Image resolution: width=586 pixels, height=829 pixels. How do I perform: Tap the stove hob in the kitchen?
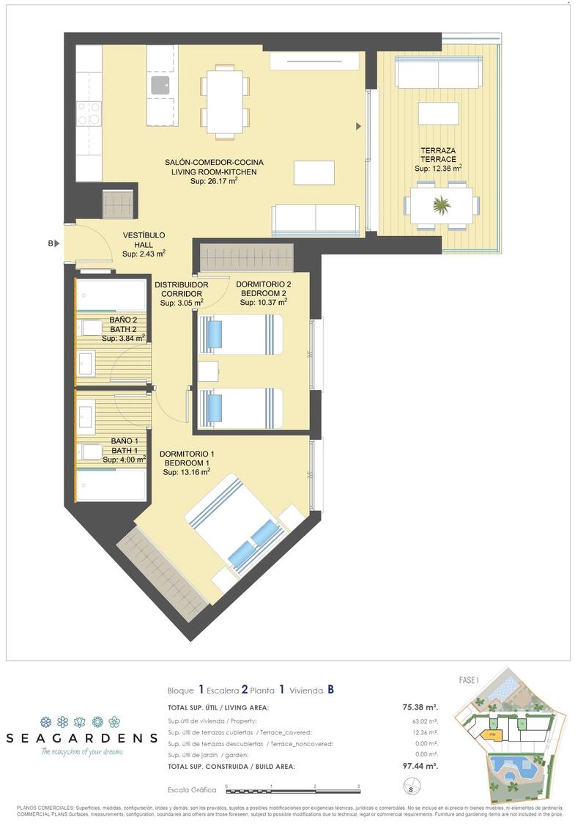(x=89, y=113)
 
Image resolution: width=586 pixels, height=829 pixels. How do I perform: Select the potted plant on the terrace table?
(x=442, y=205)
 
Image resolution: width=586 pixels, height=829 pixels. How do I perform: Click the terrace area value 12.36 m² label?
(x=438, y=169)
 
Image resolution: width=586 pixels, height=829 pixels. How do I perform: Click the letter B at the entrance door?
(x=51, y=243)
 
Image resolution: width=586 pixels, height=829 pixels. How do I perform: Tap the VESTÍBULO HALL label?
(x=144, y=240)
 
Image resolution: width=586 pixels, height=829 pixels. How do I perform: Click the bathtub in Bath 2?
(x=112, y=295)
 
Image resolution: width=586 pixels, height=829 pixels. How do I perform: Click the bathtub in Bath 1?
(x=112, y=484)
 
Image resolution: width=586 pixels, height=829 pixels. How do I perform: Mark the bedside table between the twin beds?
(x=208, y=372)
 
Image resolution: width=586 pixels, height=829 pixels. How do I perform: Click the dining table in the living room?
(x=226, y=101)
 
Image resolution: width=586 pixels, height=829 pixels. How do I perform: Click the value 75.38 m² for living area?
(x=420, y=707)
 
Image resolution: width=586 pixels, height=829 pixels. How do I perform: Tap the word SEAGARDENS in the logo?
(x=81, y=737)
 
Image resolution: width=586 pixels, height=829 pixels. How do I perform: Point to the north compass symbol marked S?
(x=412, y=789)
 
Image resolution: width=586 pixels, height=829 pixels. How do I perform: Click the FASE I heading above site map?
(x=469, y=680)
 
